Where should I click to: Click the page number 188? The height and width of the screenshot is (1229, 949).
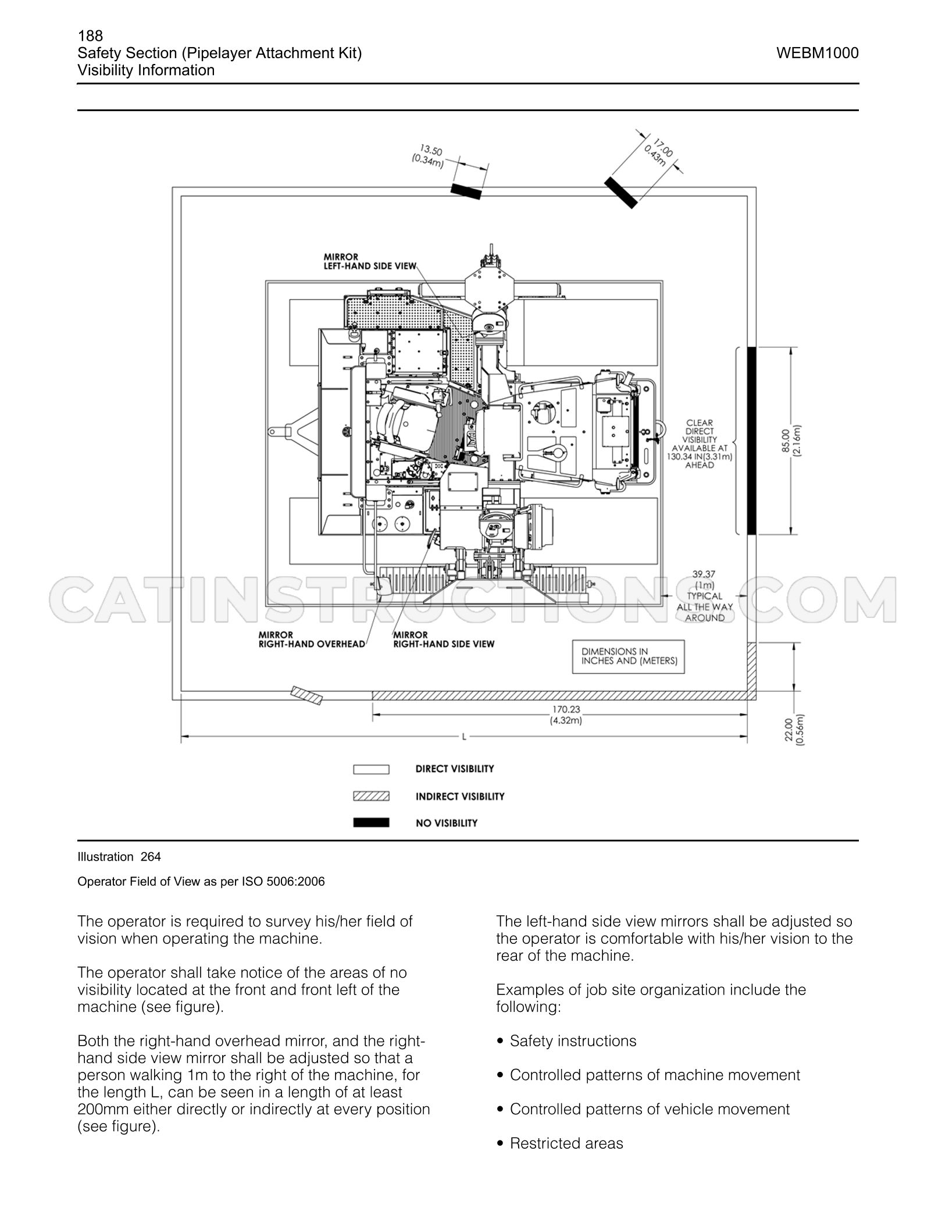pyautogui.click(x=90, y=36)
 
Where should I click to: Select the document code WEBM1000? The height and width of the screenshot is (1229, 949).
pyautogui.click(x=817, y=54)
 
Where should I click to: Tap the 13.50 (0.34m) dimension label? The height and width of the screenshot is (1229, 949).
pyautogui.click(x=428, y=157)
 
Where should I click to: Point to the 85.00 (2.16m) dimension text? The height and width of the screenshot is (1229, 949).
pyautogui.click(x=791, y=441)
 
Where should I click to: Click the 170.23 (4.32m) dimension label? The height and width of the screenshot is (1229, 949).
pyautogui.click(x=566, y=715)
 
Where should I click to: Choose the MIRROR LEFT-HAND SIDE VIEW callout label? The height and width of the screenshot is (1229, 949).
pyautogui.click(x=370, y=261)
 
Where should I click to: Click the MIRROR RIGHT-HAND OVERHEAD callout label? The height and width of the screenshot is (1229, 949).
pyautogui.click(x=312, y=639)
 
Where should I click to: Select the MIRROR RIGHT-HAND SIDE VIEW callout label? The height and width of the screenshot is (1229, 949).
pyautogui.click(x=444, y=639)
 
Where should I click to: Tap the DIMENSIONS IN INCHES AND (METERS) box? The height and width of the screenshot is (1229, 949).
pyautogui.click(x=629, y=657)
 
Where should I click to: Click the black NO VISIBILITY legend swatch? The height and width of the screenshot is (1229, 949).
pyautogui.click(x=371, y=823)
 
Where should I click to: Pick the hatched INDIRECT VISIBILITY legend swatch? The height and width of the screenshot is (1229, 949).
pyautogui.click(x=371, y=796)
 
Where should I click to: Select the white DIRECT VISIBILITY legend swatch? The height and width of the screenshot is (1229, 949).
pyautogui.click(x=371, y=769)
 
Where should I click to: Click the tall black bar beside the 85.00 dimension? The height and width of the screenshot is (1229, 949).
pyautogui.click(x=751, y=441)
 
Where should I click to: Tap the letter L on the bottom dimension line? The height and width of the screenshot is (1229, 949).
pyautogui.click(x=464, y=737)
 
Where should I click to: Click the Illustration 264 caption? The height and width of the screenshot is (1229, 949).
pyautogui.click(x=119, y=857)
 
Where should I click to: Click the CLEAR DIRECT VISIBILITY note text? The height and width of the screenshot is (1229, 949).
pyautogui.click(x=700, y=444)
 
